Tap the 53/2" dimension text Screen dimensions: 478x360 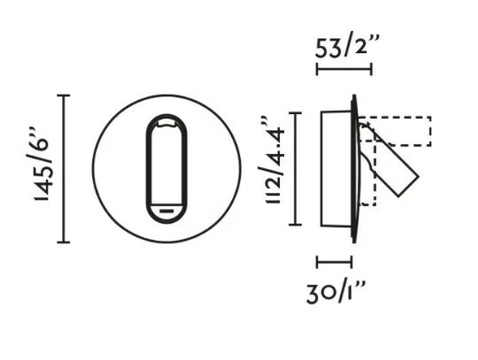click(x=348, y=45)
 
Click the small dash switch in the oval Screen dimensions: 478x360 click(x=166, y=211)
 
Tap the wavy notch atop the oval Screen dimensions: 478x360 click(x=166, y=123)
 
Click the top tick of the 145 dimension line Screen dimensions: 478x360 click(x=64, y=96)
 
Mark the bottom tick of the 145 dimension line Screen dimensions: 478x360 click(x=64, y=242)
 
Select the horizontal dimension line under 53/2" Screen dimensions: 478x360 click(x=344, y=69)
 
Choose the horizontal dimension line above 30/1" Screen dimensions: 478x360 click(x=335, y=262)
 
